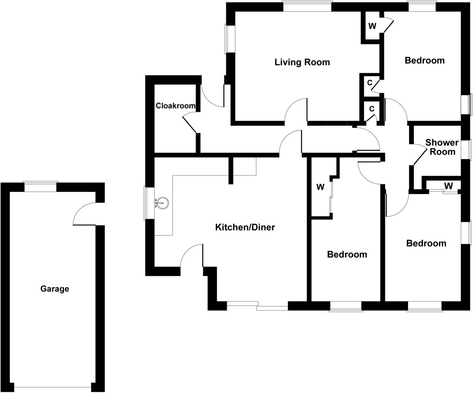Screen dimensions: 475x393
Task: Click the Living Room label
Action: tap(302, 62)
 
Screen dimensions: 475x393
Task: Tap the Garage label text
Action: tap(55, 289)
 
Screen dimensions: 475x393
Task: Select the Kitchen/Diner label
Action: tap(245, 228)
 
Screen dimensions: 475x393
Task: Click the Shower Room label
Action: tap(442, 147)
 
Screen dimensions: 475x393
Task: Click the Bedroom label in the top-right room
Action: tap(425, 60)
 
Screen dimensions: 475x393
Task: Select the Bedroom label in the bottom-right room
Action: tap(426, 243)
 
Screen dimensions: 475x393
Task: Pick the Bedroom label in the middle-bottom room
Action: tap(347, 255)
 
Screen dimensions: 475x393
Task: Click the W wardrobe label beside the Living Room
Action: tap(372, 26)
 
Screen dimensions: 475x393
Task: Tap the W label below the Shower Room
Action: tap(448, 186)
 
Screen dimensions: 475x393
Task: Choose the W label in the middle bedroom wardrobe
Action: tap(320, 188)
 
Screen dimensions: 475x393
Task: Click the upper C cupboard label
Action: tap(370, 83)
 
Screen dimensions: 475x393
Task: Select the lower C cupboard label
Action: tap(372, 109)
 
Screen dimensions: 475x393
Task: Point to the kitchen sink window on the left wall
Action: tap(149, 203)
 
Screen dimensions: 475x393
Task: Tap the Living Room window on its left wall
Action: tap(229, 39)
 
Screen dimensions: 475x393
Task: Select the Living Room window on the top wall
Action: tap(307, 6)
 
